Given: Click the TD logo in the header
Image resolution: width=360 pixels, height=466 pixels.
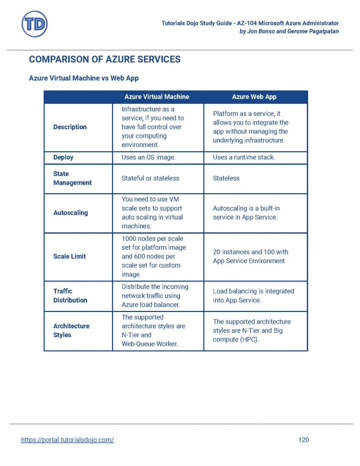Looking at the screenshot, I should [35, 24].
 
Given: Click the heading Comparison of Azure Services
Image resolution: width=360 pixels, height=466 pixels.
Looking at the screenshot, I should [104, 59].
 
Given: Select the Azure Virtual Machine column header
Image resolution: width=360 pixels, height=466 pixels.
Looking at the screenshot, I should [156, 97].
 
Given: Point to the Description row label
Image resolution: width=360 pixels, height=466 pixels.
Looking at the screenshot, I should [70, 127].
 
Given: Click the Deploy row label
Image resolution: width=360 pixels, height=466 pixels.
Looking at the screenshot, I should [63, 157].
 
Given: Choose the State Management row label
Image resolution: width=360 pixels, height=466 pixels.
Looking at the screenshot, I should [72, 178].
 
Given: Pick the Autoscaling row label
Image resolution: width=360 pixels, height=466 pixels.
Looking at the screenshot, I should [70, 213].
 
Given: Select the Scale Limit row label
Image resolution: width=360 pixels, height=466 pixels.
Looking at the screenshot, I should [69, 257].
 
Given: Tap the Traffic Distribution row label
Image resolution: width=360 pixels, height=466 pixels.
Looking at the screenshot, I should [70, 296].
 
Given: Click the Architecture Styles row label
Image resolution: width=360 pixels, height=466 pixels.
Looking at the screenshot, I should [71, 330].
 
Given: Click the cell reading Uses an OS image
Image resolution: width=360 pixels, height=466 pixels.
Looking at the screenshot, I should [148, 157].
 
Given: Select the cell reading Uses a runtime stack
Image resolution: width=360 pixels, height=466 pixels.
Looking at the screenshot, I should [243, 157].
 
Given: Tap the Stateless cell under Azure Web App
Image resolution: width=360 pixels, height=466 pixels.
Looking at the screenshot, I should [226, 178].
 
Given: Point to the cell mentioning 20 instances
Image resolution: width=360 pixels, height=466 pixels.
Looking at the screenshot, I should [250, 257].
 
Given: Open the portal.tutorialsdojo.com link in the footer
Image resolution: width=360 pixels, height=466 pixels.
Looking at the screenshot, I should [67, 440].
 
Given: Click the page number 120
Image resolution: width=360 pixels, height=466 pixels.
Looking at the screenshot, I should [303, 440].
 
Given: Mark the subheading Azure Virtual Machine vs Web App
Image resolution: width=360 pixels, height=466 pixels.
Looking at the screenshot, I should [83, 78].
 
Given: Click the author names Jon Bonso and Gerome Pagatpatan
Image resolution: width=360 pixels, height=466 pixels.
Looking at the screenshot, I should [288, 31].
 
